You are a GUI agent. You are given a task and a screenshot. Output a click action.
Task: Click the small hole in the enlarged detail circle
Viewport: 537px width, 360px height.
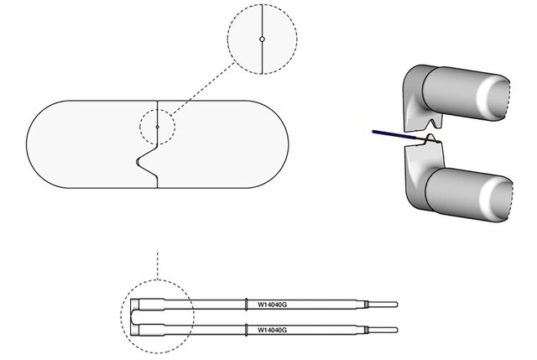[x=263, y=39]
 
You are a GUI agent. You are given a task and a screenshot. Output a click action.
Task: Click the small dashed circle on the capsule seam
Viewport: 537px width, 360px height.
[x=157, y=127]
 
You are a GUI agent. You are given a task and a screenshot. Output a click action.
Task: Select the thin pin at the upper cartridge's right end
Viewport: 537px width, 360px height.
[x=382, y=304]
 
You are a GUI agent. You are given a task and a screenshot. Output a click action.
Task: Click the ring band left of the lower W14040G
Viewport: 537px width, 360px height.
[x=245, y=331]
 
